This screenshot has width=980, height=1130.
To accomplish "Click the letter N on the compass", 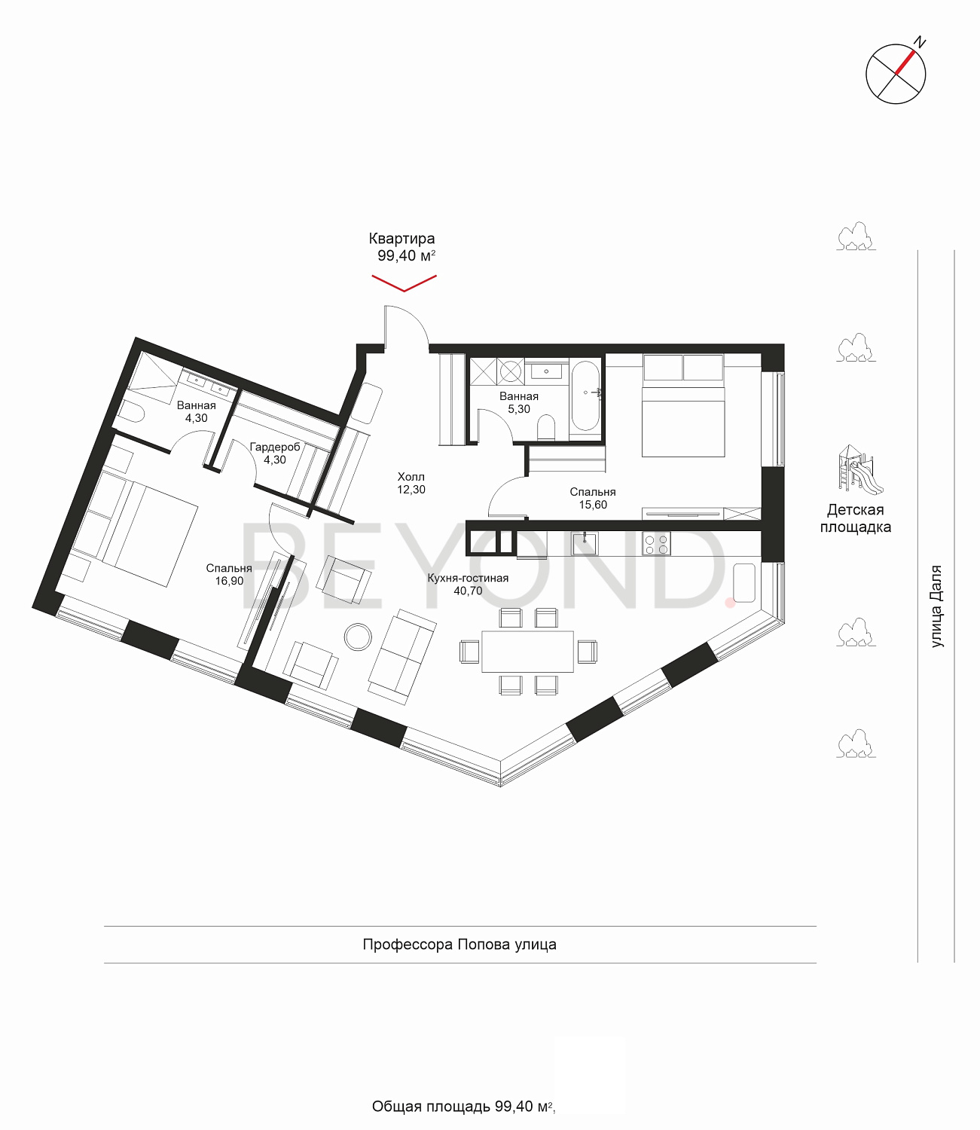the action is pos(919,42).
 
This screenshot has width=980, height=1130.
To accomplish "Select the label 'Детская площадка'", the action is pos(855,518).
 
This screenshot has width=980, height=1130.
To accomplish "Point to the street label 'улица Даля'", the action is pos(936,606).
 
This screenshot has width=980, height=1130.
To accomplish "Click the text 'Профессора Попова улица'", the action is pos(459,945).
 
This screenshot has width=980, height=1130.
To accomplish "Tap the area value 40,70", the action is pos(468,591).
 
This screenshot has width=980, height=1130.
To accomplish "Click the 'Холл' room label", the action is pos(411,477).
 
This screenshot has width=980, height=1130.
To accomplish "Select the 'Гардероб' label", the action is pos(275,447).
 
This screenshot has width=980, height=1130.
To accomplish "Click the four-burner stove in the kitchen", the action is pos(656,543).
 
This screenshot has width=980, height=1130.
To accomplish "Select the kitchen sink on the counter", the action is pos(585,544).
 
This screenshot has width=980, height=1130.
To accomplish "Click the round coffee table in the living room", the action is pos(359,637).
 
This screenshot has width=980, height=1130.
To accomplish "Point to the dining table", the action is pos(528,651).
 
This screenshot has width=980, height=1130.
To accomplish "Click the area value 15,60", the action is pos(593,505).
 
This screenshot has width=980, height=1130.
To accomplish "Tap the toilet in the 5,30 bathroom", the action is pos(546,427).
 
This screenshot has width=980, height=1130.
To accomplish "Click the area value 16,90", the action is pos(229,581).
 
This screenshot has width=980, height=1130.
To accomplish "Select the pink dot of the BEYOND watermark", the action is pos(730,603).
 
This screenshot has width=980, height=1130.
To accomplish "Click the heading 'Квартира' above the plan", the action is pos(402,239).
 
